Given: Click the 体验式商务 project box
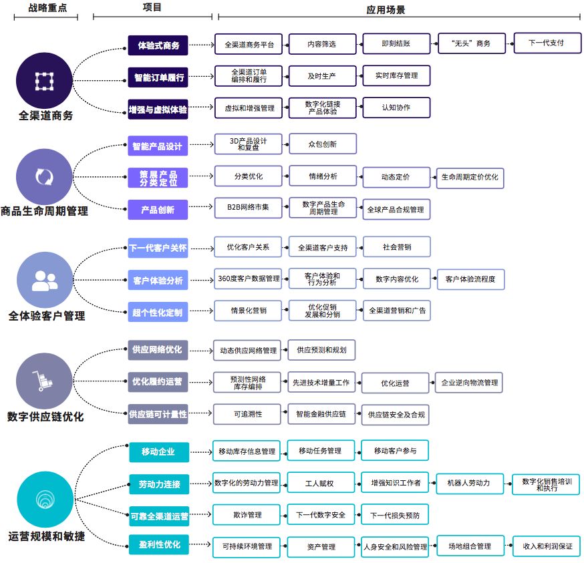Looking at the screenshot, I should [158, 45].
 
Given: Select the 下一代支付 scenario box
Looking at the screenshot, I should [546, 43].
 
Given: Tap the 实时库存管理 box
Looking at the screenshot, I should [396, 75].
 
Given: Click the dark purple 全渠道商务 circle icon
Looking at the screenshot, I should [44, 81].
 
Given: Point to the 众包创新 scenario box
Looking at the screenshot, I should [322, 144].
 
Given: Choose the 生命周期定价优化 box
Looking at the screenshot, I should [470, 178].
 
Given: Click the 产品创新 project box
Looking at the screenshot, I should [158, 210].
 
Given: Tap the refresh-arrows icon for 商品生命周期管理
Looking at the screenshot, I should [44, 177].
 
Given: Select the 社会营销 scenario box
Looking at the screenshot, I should [396, 247].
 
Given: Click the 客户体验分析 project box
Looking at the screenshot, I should [158, 280].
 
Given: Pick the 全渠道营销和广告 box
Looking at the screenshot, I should [396, 311].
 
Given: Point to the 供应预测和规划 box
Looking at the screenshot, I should [321, 349].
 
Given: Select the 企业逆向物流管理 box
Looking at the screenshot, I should [468, 383].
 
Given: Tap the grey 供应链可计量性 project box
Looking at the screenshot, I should [158, 414].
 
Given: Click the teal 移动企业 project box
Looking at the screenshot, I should [158, 451].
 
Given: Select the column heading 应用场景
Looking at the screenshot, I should [386, 10].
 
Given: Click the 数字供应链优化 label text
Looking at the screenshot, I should [45, 417].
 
